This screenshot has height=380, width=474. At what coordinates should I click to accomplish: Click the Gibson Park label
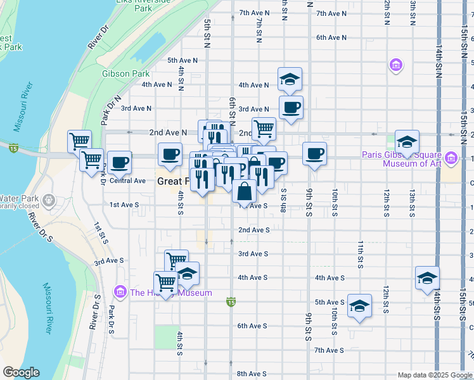coord(125,73)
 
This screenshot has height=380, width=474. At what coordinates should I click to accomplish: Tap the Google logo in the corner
coord(21,372)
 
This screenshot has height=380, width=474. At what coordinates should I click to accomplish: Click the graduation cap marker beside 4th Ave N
coord(290,79)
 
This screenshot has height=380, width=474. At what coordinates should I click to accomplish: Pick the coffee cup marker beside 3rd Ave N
coord(291,107)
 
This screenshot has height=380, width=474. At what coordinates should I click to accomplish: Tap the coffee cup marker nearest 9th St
coord(314,153)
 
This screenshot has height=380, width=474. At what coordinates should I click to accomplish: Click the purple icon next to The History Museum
coord(120,291)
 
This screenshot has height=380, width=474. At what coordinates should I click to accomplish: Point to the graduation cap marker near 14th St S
coord(427,277)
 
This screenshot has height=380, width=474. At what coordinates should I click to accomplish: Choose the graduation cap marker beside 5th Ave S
coord(359,305)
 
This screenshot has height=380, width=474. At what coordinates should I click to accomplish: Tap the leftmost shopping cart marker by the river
coord(80,141)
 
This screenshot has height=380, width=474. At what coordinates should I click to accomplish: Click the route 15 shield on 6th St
coord(232,305)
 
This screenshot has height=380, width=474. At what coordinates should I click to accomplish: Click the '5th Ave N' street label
coord(183,60)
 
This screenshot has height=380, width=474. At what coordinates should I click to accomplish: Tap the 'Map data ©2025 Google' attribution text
coord(434,375)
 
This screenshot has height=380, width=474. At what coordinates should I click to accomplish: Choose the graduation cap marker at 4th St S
coord(187,274)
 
